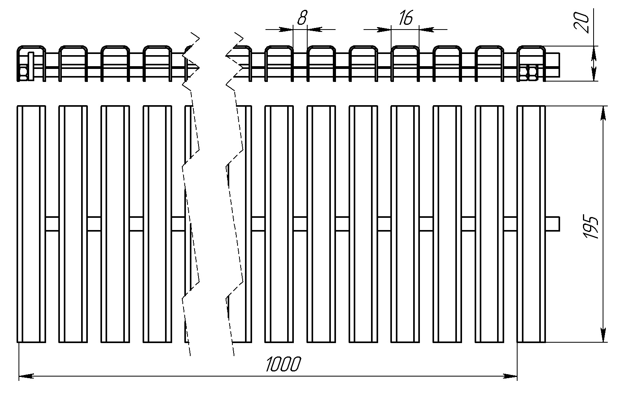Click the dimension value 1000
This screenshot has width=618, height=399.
(x=283, y=364)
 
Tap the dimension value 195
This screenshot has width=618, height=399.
(x=591, y=228)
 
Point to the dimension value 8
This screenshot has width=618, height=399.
(x=302, y=18)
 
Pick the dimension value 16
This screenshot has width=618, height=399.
(x=406, y=18)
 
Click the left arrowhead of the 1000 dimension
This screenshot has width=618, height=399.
(x=26, y=376)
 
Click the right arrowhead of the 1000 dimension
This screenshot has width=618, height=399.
(x=510, y=376)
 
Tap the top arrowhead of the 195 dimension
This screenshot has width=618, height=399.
(x=603, y=113)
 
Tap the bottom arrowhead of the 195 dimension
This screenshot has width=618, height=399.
(x=603, y=335)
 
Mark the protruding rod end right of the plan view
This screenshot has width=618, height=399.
(x=552, y=224)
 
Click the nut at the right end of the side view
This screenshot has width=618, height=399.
(x=529, y=73)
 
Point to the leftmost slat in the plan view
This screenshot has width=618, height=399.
(x=31, y=224)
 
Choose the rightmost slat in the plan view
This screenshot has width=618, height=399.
(x=531, y=224)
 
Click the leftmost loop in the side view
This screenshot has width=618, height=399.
(x=31, y=47)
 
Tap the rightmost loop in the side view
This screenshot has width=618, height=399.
(x=531, y=47)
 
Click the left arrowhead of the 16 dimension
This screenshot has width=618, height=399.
(x=384, y=29)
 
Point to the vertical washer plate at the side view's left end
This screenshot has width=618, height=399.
(x=31, y=66)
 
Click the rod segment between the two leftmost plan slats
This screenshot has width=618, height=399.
(x=52, y=224)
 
